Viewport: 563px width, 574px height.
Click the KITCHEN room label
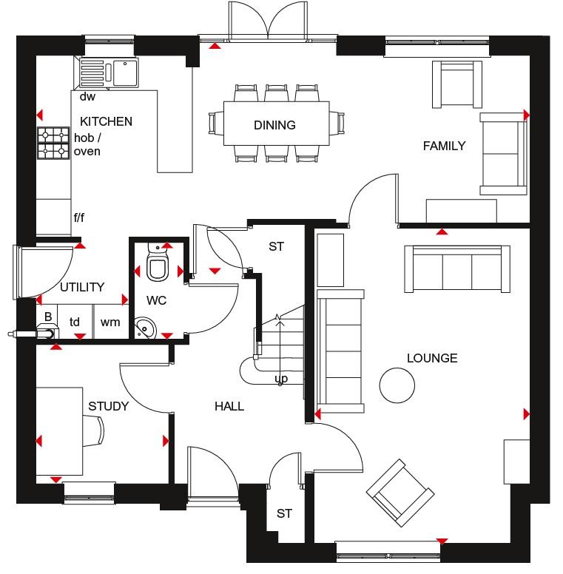pos(106,121)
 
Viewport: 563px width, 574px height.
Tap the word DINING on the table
pos(275,125)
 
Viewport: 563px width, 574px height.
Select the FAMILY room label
pos(444,146)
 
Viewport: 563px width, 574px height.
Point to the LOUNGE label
pos(432,358)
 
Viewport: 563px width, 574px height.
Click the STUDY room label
pos(108,406)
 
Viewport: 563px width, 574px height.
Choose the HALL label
pos(229,406)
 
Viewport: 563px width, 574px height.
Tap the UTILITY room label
pos(82,287)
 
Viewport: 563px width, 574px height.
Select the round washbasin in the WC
pos(145,328)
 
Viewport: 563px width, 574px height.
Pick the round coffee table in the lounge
pos(397,385)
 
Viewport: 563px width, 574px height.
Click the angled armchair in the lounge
pos(400,493)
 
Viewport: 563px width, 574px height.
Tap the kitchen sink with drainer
pos(109,72)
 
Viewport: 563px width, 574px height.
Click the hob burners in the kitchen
pos(53,143)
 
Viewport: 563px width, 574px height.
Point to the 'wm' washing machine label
pos(110,323)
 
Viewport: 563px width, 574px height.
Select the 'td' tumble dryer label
pos(74,322)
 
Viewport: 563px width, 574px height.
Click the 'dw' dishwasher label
pos(87,96)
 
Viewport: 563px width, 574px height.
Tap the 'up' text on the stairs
pos(281,379)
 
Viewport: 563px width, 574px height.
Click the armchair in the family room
pos(457,84)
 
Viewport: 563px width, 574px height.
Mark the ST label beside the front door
pos(284,513)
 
